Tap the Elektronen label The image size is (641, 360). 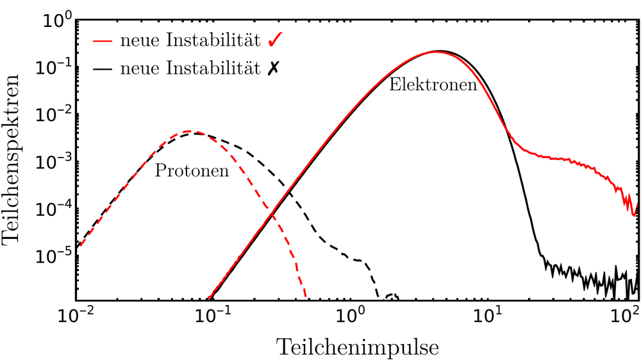click(x=433, y=85)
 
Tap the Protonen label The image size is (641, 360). click(x=192, y=172)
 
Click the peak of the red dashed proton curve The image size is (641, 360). click(x=187, y=131)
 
